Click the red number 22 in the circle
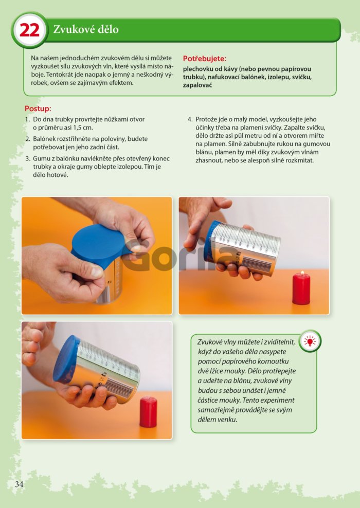[x=29, y=30]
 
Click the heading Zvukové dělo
[x=85, y=29]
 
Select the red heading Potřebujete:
[x=205, y=59]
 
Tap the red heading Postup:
[x=38, y=108]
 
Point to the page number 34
[x=19, y=484]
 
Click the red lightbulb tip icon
[x=310, y=341]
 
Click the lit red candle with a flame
[x=301, y=288]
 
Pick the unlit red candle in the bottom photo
[x=148, y=412]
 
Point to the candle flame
[x=302, y=273]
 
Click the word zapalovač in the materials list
[x=197, y=85]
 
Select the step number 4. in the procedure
[x=190, y=119]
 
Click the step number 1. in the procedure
[x=28, y=119]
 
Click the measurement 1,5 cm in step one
[x=82, y=128]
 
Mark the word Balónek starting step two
[x=45, y=139]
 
